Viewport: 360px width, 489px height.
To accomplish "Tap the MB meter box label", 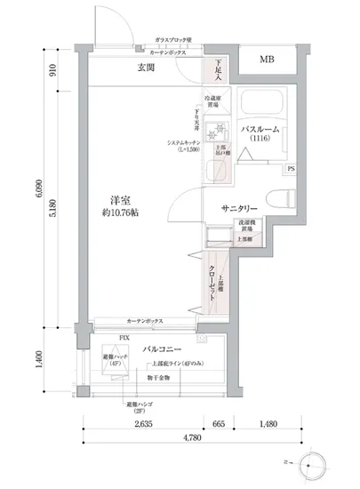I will pyautogui.click(x=267, y=60).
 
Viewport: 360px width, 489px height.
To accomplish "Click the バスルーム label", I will pyautogui.click(x=261, y=128).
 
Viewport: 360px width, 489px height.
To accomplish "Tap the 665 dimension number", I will pyautogui.click(x=219, y=424).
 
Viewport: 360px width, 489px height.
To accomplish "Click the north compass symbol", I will pyautogui.click(x=316, y=463).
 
